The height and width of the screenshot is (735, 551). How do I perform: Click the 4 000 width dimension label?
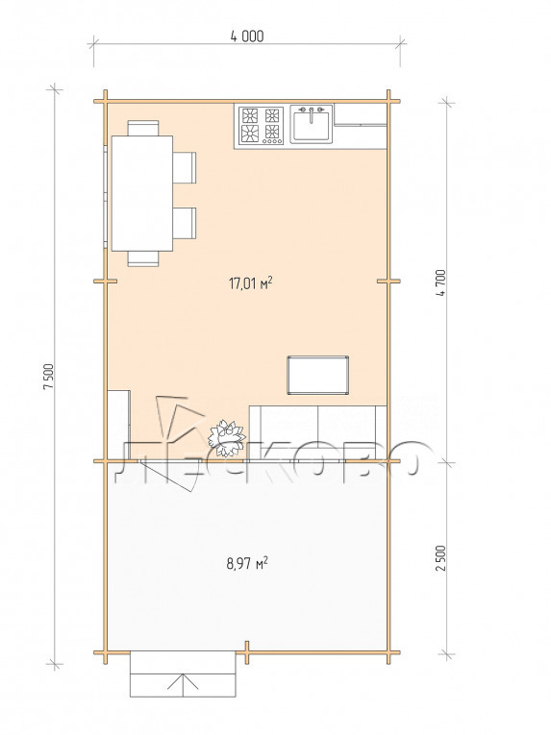247,37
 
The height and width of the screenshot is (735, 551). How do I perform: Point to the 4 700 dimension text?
440,282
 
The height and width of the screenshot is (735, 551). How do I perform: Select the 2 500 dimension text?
440,558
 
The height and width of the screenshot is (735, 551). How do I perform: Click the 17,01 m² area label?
251,283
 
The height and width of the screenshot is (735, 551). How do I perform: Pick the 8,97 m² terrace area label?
247,562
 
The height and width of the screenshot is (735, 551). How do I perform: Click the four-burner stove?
261,125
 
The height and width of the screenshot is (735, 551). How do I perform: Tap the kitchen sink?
312,124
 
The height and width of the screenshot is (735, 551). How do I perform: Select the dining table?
141,193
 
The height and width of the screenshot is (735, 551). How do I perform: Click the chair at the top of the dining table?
143,128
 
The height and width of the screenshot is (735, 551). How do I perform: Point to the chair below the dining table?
143,258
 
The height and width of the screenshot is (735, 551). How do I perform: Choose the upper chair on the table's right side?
185,167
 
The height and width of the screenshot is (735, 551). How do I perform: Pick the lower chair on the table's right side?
185,223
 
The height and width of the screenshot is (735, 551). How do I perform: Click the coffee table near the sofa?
317,375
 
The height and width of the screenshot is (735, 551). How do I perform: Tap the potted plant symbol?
227,438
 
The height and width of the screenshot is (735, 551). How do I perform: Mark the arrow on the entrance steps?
183,682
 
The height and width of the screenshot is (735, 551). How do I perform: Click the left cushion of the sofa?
284,431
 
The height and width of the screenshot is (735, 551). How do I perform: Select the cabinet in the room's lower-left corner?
118,425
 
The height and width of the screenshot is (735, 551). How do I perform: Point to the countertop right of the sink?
360,115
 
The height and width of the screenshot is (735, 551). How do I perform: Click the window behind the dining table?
106,196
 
